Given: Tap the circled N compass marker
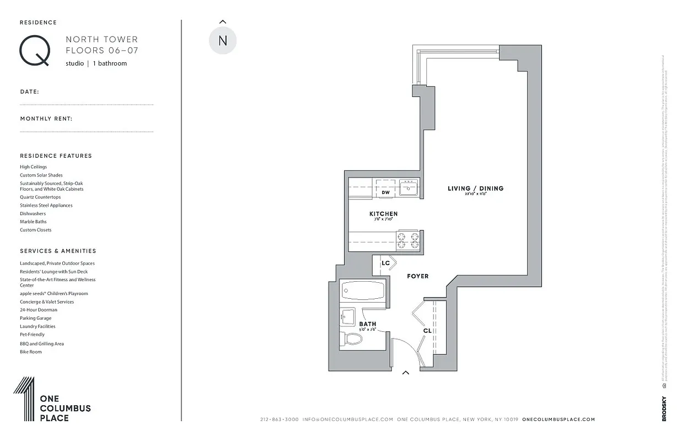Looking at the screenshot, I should (223, 41).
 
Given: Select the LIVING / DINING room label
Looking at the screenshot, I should (475, 189).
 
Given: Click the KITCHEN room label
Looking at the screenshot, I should (383, 214).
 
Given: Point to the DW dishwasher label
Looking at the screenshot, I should (386, 192).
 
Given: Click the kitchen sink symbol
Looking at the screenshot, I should (409, 188).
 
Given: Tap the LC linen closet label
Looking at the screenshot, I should (385, 263).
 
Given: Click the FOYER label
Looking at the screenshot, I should (417, 276).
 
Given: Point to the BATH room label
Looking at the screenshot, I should (368, 324).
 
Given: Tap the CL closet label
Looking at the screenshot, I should (427, 331).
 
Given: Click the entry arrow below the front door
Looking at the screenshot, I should (406, 373).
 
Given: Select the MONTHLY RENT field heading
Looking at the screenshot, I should (46, 119).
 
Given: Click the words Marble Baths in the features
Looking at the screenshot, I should (33, 222).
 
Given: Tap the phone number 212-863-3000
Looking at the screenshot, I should (279, 420).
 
